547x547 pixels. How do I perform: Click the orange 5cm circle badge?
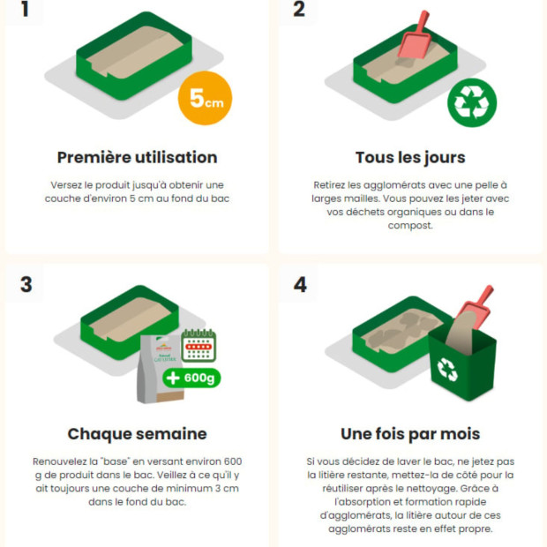pyautogui.click(x=205, y=98)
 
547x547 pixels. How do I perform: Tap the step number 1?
pyautogui.click(x=25, y=9)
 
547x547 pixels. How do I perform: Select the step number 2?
pyautogui.click(x=299, y=9)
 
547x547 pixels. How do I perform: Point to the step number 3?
pyautogui.click(x=26, y=284)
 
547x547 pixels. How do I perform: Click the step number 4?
pyautogui.click(x=300, y=284)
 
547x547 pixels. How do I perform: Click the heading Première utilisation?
pyautogui.click(x=137, y=157)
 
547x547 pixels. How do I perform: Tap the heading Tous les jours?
pyautogui.click(x=410, y=158)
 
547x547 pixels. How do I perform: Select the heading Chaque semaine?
pyautogui.click(x=137, y=434)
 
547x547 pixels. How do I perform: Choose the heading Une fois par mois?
pyautogui.click(x=410, y=434)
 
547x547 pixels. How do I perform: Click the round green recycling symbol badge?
pyautogui.click(x=472, y=102)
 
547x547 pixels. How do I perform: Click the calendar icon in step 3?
pyautogui.click(x=199, y=345)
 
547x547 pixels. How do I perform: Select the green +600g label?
pyautogui.click(x=191, y=378)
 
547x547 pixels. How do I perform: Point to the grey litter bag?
pyautogui.click(x=161, y=369)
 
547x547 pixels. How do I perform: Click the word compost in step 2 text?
pyautogui.click(x=410, y=226)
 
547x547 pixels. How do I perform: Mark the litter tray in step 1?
pyautogui.click(x=134, y=56)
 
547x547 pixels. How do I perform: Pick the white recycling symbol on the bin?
pyautogui.click(x=447, y=370)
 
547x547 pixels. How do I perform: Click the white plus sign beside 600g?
pyautogui.click(x=173, y=378)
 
